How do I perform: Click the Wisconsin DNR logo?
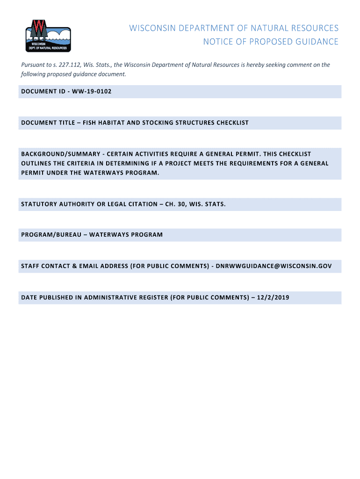tap(48, 36)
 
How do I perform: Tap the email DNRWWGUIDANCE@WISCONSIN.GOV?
tap(274, 266)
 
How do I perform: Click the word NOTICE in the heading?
tap(216, 42)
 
